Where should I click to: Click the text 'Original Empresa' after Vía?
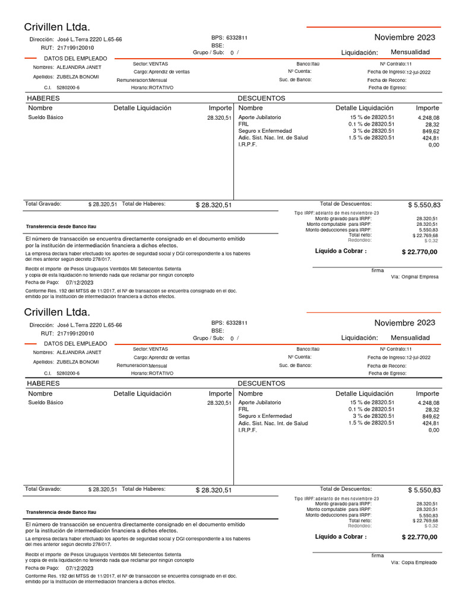[x=420, y=277]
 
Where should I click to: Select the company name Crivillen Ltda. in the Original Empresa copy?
[x=57, y=27]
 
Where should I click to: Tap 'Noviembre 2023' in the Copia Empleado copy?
[x=404, y=322]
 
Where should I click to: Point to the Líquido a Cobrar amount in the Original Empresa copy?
[x=419, y=252]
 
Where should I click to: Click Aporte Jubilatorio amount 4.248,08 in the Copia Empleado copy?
[x=428, y=403]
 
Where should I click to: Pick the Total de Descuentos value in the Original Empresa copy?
[x=424, y=205]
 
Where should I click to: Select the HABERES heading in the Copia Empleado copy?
[x=43, y=384]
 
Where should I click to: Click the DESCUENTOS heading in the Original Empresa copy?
[x=261, y=98]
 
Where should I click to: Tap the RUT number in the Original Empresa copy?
[x=75, y=47]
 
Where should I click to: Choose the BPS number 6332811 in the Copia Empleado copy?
[x=237, y=323]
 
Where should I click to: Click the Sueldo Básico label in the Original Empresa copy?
[x=46, y=118]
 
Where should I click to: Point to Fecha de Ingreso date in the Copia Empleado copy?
[x=419, y=357]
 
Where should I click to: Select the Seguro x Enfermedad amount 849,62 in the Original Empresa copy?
[x=430, y=131]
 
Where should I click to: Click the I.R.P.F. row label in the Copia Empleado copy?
[x=248, y=430]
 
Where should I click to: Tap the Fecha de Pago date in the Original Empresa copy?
[x=80, y=283]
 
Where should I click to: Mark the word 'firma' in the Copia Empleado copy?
[x=378, y=555]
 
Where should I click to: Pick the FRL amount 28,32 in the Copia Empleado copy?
[x=432, y=410]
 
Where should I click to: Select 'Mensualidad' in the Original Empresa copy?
[x=410, y=52]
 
